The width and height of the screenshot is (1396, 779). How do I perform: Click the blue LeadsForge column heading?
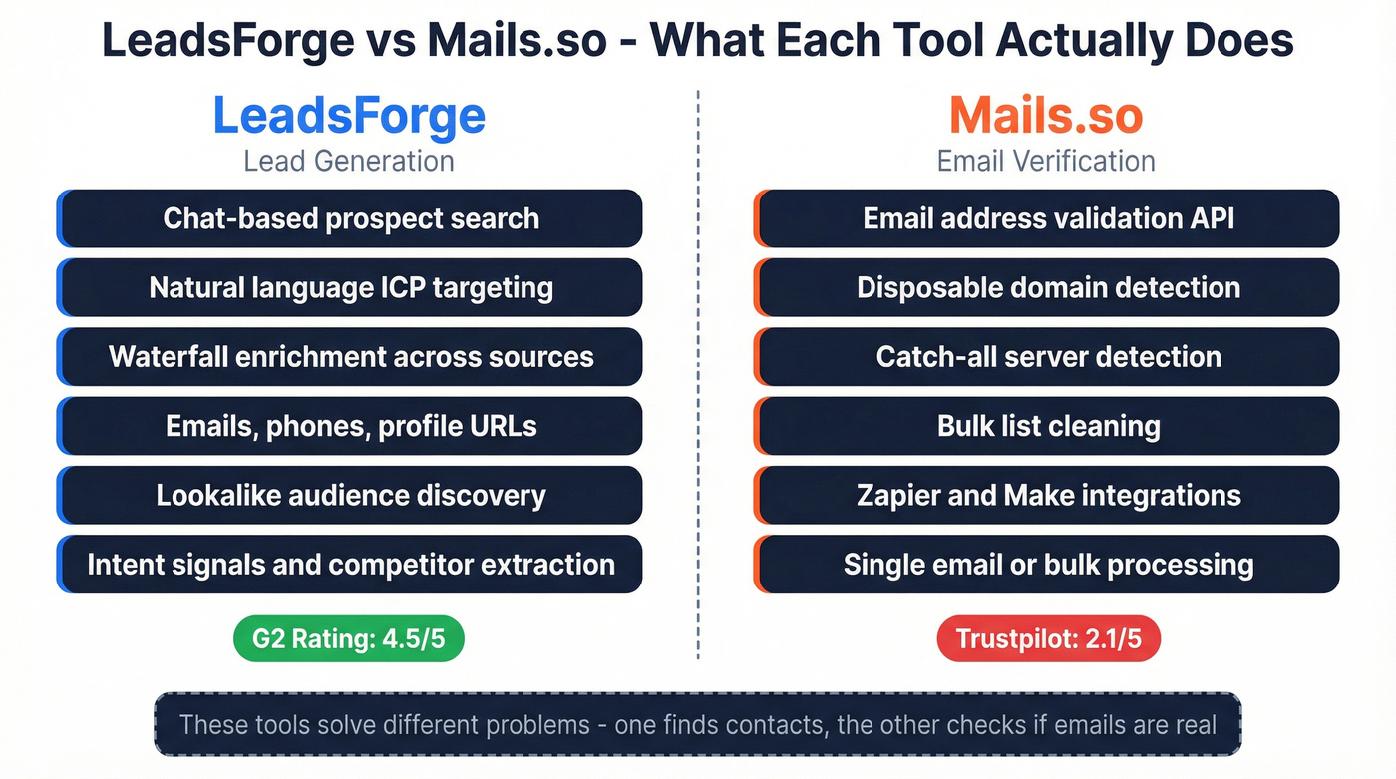[349, 116]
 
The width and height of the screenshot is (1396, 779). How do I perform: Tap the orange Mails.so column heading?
[1046, 116]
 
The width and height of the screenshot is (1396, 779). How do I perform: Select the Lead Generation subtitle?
[349, 161]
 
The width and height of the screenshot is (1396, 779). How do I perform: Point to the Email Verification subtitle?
[1046, 161]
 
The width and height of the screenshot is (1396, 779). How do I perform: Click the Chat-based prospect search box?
[350, 218]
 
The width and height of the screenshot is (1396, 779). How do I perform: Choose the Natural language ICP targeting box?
[350, 288]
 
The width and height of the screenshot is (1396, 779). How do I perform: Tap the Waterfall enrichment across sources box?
[350, 357]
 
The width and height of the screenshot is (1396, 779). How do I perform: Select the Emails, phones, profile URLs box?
[350, 426]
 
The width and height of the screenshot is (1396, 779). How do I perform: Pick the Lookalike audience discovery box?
[350, 496]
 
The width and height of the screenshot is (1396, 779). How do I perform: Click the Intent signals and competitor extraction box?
[350, 565]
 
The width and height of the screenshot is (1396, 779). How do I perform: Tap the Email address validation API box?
[1047, 218]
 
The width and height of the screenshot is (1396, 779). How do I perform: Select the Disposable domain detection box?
[1047, 288]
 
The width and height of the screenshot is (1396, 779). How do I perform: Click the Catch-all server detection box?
[1047, 357]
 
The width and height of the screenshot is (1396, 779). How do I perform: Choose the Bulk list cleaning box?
[1047, 426]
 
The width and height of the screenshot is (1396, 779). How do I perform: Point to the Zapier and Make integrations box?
[1047, 496]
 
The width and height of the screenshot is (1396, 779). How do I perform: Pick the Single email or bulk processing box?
[1047, 565]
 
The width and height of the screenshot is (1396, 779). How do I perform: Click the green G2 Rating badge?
[349, 639]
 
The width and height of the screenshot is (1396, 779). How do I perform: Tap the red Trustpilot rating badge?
[1049, 639]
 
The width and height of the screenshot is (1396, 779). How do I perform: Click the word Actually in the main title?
[1079, 40]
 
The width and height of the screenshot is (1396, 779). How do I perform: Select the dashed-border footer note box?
[698, 724]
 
